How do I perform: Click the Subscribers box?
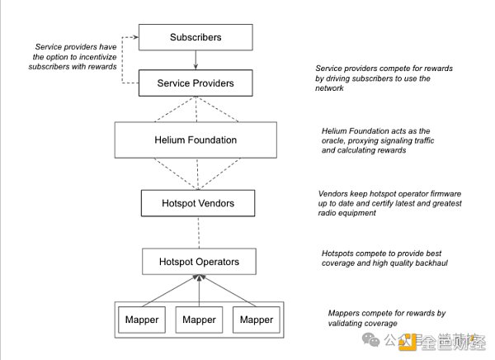(196, 37)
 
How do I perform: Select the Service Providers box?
(196, 83)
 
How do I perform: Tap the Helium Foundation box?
(196, 140)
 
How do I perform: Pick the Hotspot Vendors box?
(196, 202)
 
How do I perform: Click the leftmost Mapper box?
(142, 320)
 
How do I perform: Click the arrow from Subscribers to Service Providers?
(196, 59)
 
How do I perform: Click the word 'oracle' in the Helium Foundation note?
(336, 140)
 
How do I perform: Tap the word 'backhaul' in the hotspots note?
(445, 264)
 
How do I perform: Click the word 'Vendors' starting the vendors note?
(335, 192)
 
